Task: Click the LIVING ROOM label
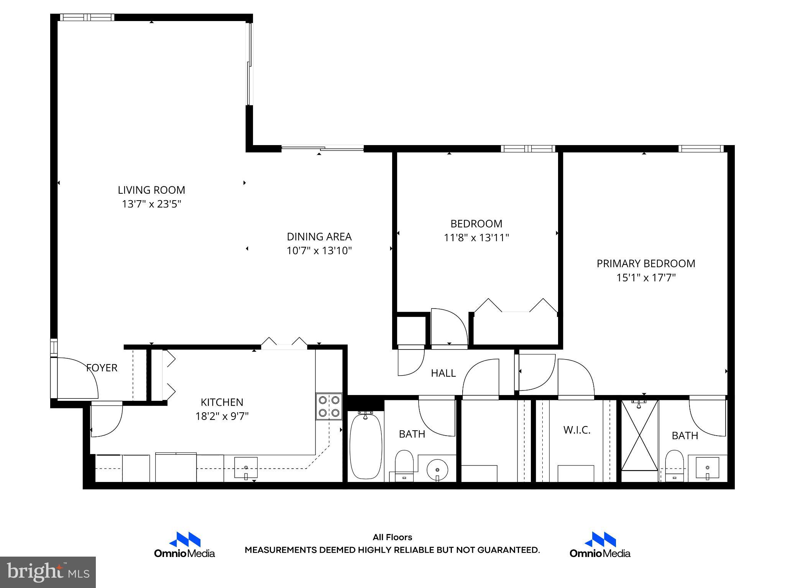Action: point(151,190)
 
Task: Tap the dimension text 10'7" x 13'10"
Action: point(319,251)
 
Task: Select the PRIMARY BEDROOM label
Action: point(646,263)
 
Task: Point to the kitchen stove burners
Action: point(329,407)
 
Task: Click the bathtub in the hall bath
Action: point(366,446)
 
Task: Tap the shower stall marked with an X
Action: point(639,436)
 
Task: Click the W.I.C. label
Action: point(577,430)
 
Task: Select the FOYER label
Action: point(102,368)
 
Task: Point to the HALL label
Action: point(443,373)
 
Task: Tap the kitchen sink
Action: point(246,468)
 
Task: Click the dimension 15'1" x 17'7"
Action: point(646,278)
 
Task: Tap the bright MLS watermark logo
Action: point(48,572)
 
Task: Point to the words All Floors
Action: point(392,537)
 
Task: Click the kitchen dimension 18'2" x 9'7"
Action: point(222,416)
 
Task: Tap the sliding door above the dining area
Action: point(322,148)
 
